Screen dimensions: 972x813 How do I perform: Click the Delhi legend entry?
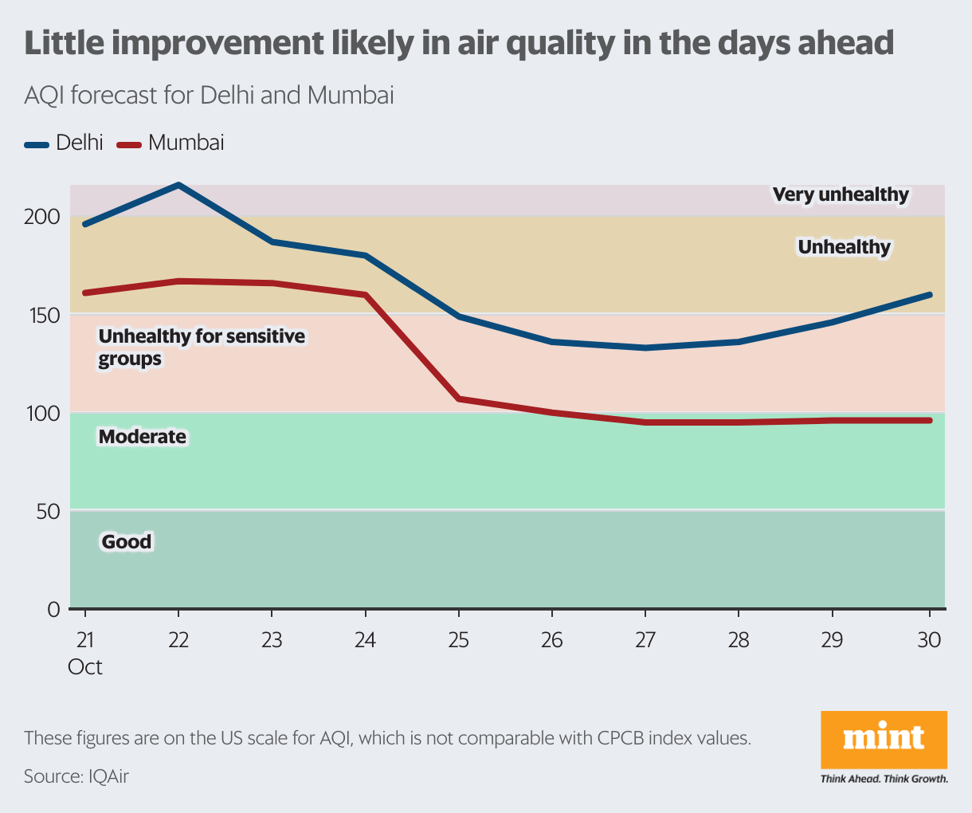[x=64, y=143]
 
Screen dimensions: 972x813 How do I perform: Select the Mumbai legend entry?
[x=170, y=143]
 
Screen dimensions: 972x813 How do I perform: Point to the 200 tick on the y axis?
[x=42, y=217]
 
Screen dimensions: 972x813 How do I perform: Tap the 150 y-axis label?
[x=45, y=316]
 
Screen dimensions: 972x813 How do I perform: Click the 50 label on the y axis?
[x=49, y=512]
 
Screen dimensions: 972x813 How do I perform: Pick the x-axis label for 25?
[x=459, y=640]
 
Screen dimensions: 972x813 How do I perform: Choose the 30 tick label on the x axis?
[x=929, y=640]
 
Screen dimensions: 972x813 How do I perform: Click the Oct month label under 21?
[x=84, y=667]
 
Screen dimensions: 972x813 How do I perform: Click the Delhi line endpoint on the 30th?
[x=930, y=295]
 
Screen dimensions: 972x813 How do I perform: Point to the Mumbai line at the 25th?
[x=459, y=399]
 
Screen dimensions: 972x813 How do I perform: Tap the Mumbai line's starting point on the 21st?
[x=85, y=293]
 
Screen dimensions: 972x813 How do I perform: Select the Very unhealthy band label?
[x=841, y=194]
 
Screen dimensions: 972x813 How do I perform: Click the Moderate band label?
[x=143, y=437]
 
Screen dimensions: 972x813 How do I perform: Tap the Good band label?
[x=127, y=541]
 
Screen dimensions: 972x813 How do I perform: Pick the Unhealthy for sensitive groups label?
[x=202, y=348]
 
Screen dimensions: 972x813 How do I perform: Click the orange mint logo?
[x=884, y=740]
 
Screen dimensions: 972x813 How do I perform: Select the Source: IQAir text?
[x=76, y=776]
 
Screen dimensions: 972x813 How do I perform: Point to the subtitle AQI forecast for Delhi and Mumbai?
[x=209, y=95]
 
